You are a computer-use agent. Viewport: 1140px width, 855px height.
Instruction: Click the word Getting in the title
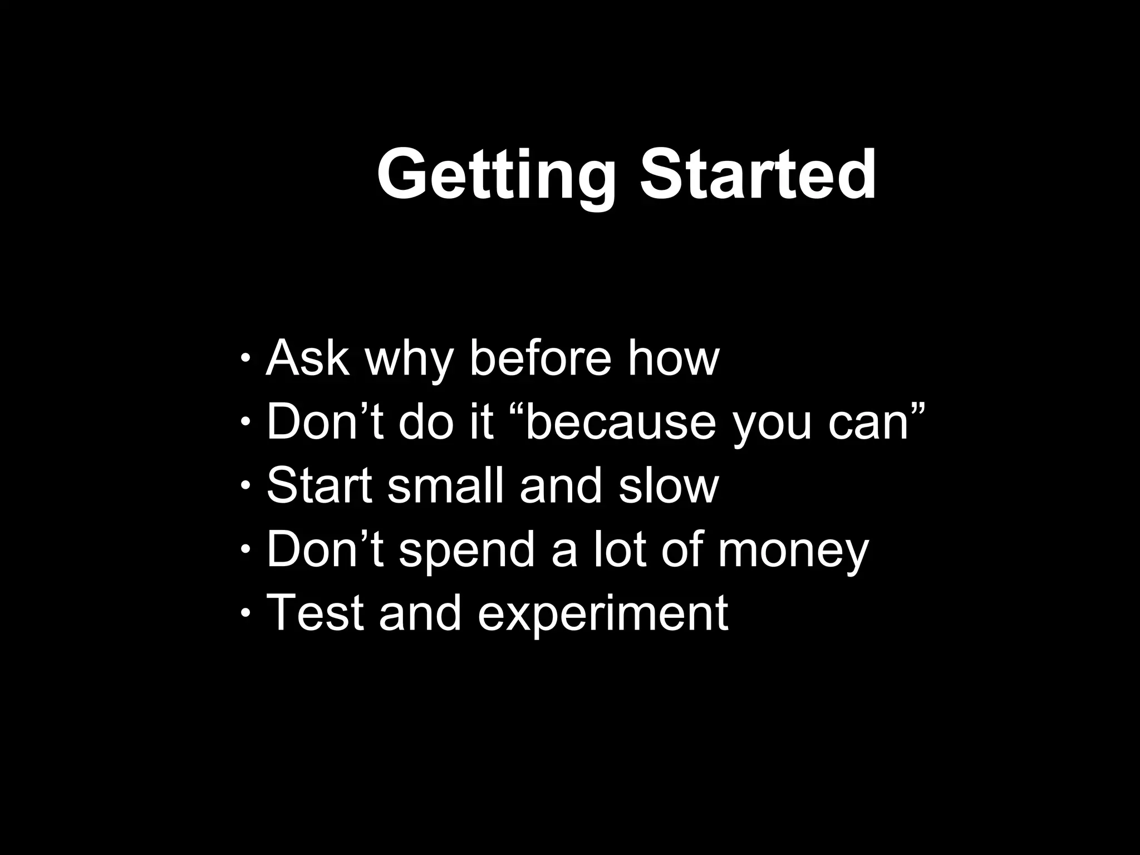point(496,174)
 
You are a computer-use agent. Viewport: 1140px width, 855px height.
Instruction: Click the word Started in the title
point(758,174)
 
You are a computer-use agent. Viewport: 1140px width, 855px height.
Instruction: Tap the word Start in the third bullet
point(319,485)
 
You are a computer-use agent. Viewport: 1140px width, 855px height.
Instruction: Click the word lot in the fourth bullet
point(619,549)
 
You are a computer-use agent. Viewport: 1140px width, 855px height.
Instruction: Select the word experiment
point(602,615)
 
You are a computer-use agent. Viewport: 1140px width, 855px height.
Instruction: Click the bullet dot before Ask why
point(245,357)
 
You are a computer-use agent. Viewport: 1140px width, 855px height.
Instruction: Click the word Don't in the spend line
point(325,549)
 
